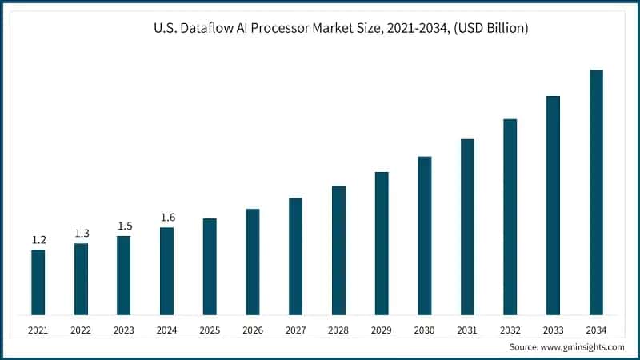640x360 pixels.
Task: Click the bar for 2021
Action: [38, 282]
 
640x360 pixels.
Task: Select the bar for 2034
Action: [596, 192]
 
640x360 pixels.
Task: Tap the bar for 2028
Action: [338, 250]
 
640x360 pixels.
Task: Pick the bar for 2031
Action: [467, 226]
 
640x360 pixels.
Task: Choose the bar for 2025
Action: [210, 266]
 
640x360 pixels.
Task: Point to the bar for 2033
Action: [553, 205]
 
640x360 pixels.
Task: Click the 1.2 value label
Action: [38, 240]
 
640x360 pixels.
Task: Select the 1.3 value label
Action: [82, 233]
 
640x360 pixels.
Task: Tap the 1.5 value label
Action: [124, 226]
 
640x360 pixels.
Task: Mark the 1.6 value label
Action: [167, 217]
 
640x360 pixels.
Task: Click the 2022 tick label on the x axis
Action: [82, 330]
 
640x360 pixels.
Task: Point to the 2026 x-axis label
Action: [253, 330]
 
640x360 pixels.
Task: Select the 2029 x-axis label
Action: [382, 330]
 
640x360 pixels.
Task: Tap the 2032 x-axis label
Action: [510, 330]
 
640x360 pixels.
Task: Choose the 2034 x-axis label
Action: [596, 330]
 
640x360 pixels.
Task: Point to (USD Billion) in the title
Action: [486, 29]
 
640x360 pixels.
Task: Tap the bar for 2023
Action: [124, 275]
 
